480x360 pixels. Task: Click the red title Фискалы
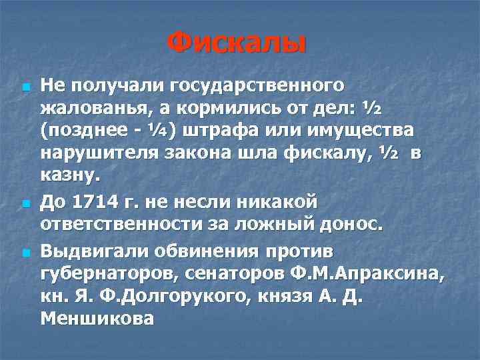tap(237, 44)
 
